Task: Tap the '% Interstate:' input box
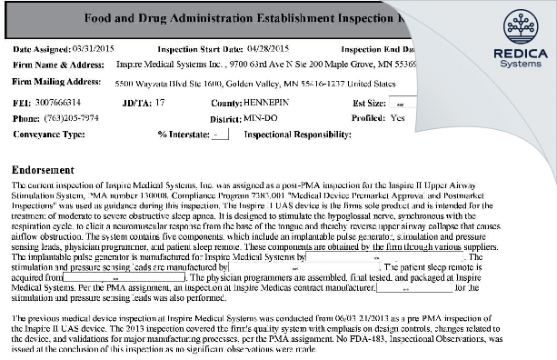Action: coord(219,134)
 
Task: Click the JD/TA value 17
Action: coord(160,104)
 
